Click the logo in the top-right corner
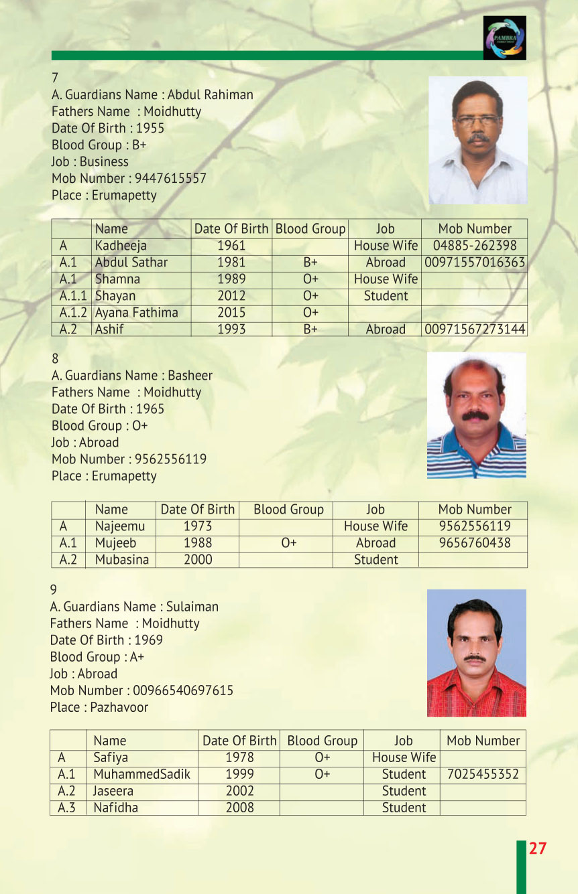[x=504, y=38]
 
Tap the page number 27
[x=538, y=848]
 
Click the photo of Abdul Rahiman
[x=477, y=140]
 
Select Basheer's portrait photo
[x=476, y=415]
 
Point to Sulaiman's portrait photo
[x=476, y=653]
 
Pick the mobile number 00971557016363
[x=475, y=263]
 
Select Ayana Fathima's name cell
[x=137, y=313]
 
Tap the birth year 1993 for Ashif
[x=231, y=329]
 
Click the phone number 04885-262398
[x=475, y=246]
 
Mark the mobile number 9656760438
[x=475, y=543]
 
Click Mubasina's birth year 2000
[x=198, y=560]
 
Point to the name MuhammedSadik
[x=141, y=775]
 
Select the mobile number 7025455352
[x=483, y=775]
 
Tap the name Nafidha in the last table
[x=115, y=808]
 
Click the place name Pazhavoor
[x=119, y=707]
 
